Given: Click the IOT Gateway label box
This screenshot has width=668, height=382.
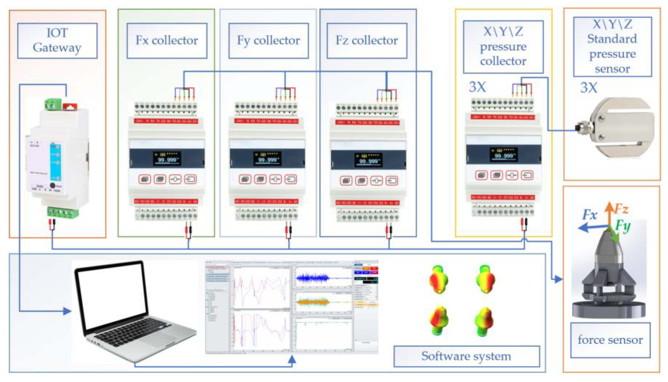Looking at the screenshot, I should click(57, 40).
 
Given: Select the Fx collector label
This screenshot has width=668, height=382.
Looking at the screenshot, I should click(167, 40).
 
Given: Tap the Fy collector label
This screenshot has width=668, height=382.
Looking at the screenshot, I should click(268, 40).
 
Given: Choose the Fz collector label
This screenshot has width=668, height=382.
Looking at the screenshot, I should click(367, 40).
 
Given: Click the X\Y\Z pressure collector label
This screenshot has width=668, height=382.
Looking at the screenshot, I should click(503, 47).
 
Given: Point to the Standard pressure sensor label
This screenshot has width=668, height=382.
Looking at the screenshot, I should click(612, 47).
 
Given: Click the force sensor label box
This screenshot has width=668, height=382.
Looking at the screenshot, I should click(610, 340).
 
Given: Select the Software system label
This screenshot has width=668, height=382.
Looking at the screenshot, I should click(466, 356).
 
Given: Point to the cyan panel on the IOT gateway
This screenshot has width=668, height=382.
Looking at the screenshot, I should click(55, 162).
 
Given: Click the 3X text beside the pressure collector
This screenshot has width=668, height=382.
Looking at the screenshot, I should click(477, 87).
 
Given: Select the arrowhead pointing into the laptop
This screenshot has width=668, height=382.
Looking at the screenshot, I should click(67, 311).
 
